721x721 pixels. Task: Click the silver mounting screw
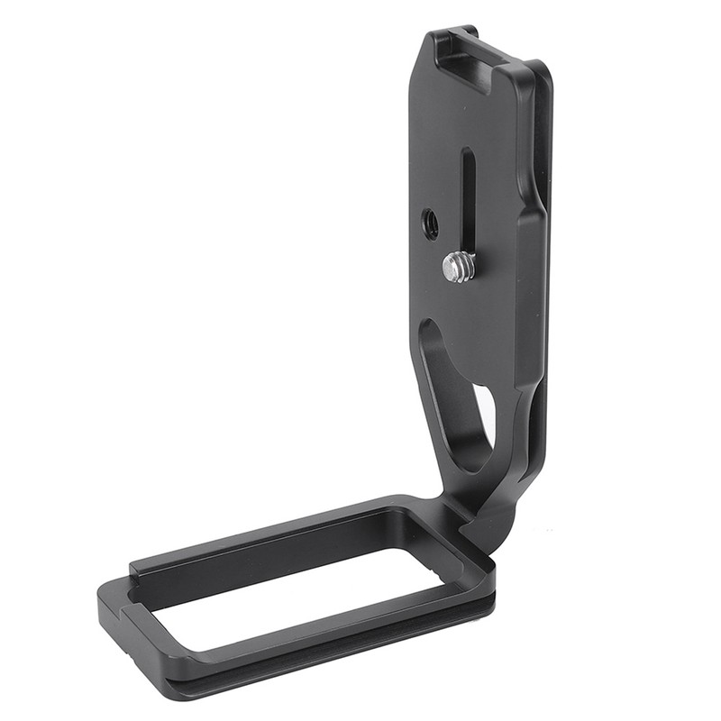tap(458, 266)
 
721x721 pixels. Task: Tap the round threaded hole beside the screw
tap(431, 223)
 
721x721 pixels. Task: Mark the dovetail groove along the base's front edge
tap(297, 656)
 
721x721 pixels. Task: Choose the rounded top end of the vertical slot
tap(468, 153)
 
